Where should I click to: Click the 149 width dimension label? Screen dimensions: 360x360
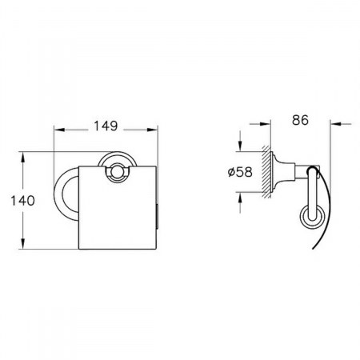pyautogui.click(x=106, y=126)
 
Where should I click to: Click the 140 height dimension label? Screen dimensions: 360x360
pyautogui.click(x=22, y=201)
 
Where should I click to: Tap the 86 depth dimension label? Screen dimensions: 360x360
pyautogui.click(x=300, y=120)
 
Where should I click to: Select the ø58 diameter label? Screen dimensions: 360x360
pyautogui.click(x=240, y=172)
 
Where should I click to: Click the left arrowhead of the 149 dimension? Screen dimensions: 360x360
pyautogui.click(x=59, y=130)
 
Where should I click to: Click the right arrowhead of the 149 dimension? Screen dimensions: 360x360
pyautogui.click(x=152, y=130)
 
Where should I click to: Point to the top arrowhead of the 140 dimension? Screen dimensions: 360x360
pyautogui.click(x=23, y=158)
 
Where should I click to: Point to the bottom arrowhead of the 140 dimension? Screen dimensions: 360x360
pyautogui.click(x=23, y=244)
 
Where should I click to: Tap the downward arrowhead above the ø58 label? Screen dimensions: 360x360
pyautogui.click(x=241, y=146)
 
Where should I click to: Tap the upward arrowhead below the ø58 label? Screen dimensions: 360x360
pyautogui.click(x=241, y=198)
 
